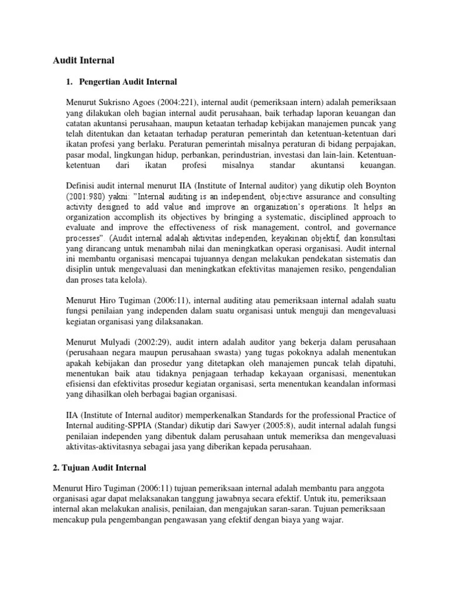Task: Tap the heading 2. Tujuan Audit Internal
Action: tap(100, 468)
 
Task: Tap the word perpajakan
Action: tap(374, 144)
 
